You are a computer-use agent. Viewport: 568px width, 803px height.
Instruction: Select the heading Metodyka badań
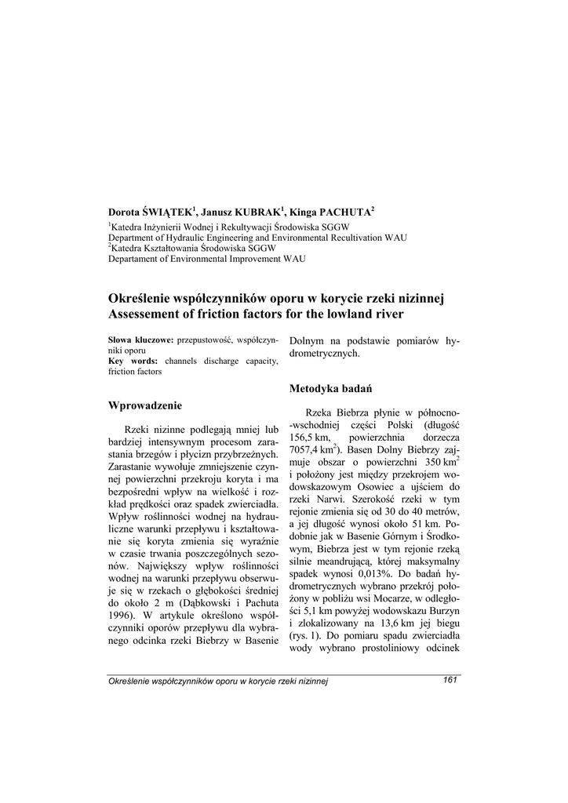pos(330,388)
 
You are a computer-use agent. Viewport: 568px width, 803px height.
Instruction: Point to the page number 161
pos(450,679)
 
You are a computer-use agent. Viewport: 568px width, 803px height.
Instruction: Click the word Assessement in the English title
pos(147,314)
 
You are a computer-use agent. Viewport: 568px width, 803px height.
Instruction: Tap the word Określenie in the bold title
pos(142,299)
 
